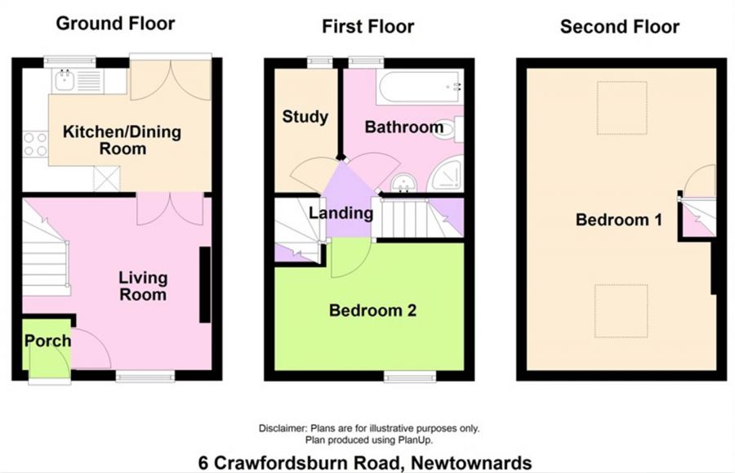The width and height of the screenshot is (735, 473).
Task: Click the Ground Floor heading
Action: coord(114,23)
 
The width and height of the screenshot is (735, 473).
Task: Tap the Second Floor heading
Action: coord(619,27)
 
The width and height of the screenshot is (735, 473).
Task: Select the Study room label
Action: coord(305,117)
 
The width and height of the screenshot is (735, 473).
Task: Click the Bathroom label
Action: coord(403,127)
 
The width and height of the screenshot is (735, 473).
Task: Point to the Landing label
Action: coord(341,214)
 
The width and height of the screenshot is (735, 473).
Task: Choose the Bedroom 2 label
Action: coord(372,310)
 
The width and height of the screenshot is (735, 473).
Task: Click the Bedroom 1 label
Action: coord(618,220)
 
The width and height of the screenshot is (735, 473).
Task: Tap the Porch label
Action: coord(47,341)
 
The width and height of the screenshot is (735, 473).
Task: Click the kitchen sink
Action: coord(64,80)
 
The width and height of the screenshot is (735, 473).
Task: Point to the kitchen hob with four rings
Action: coord(35,144)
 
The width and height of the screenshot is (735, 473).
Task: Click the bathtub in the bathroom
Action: coord(419,87)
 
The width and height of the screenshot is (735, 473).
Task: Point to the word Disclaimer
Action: coord(281,428)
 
